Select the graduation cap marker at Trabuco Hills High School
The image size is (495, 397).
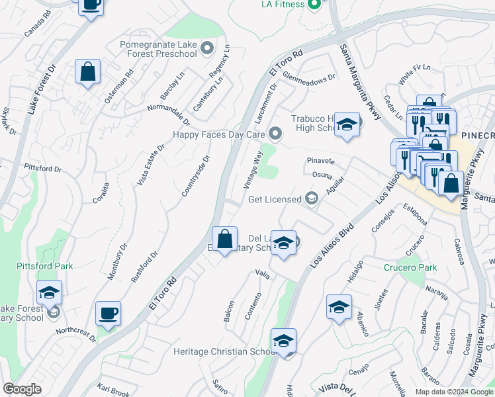coord(346,125)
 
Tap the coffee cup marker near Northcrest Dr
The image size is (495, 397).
coord(108,313)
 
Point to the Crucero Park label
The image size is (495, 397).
coord(410,268)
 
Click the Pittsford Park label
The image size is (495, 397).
coord(45,266)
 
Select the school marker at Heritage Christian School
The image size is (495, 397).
coord(283,341)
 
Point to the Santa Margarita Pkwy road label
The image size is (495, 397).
coord(360,81)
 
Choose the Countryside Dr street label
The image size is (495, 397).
coord(196,176)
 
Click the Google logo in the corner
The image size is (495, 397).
coord(22,389)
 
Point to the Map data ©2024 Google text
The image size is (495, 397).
coord(454,392)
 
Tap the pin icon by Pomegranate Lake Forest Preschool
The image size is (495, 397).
coord(208,48)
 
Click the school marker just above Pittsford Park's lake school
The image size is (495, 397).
coord(49,292)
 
